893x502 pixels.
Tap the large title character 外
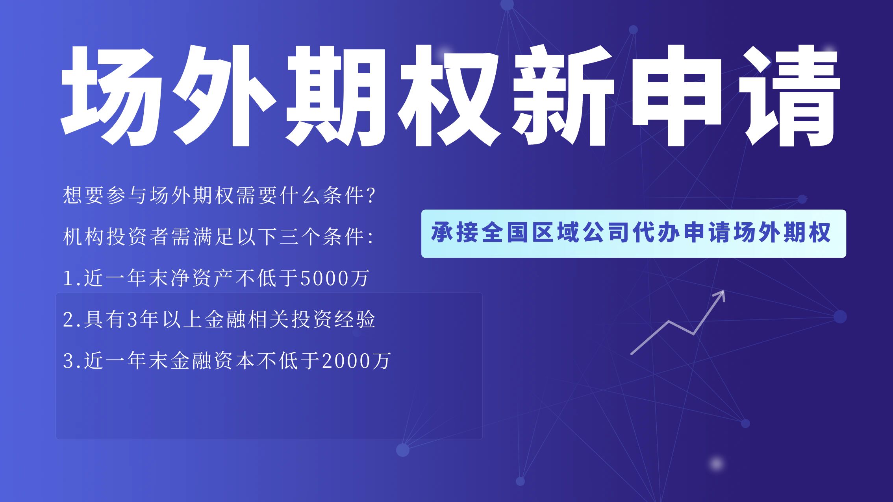click(x=224, y=96)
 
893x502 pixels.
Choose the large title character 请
click(x=789, y=96)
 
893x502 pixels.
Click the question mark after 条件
click(x=371, y=196)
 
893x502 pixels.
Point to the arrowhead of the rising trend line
click(x=719, y=296)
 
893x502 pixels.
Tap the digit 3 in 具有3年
click(x=132, y=320)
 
